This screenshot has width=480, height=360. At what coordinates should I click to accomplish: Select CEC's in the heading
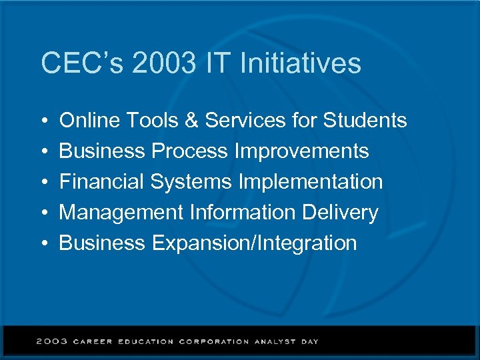click(83, 63)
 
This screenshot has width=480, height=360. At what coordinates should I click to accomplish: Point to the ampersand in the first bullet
click(190, 121)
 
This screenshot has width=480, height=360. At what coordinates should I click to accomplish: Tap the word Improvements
click(301, 151)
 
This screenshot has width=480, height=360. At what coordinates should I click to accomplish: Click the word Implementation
click(310, 182)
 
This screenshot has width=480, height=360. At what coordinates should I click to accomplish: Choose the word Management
click(121, 213)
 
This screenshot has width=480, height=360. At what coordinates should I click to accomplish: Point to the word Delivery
click(339, 213)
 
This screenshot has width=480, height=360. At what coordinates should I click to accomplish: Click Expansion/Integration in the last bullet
click(254, 243)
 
